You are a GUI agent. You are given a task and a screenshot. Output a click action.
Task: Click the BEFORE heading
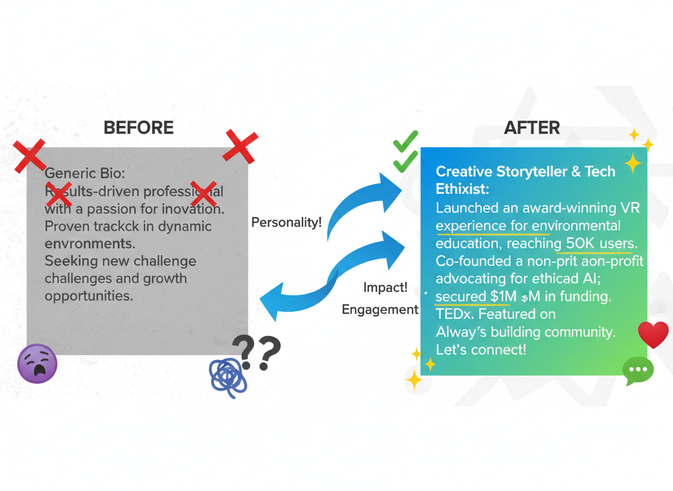tap(139, 127)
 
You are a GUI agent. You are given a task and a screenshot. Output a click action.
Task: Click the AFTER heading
tap(531, 127)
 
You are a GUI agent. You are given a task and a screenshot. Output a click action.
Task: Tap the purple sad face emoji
tap(38, 364)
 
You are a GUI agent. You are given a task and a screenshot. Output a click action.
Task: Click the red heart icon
tap(653, 334)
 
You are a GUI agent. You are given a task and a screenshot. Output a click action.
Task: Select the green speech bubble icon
tap(638, 371)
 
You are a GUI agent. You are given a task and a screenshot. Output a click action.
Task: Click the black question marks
tap(257, 352)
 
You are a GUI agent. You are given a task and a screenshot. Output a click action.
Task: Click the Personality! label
tap(286, 222)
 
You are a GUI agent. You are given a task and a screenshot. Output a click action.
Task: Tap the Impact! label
tap(385, 288)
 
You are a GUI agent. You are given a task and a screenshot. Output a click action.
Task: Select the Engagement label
tap(380, 310)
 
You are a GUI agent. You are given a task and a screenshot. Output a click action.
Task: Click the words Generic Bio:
tap(85, 173)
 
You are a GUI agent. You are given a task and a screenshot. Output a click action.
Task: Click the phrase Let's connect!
tap(481, 349)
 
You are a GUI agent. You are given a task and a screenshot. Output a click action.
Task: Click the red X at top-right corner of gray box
tap(241, 145)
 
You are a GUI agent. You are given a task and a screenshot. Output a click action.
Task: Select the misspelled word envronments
tap(90, 243)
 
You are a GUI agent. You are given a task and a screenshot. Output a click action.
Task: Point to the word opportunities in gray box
tap(89, 296)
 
